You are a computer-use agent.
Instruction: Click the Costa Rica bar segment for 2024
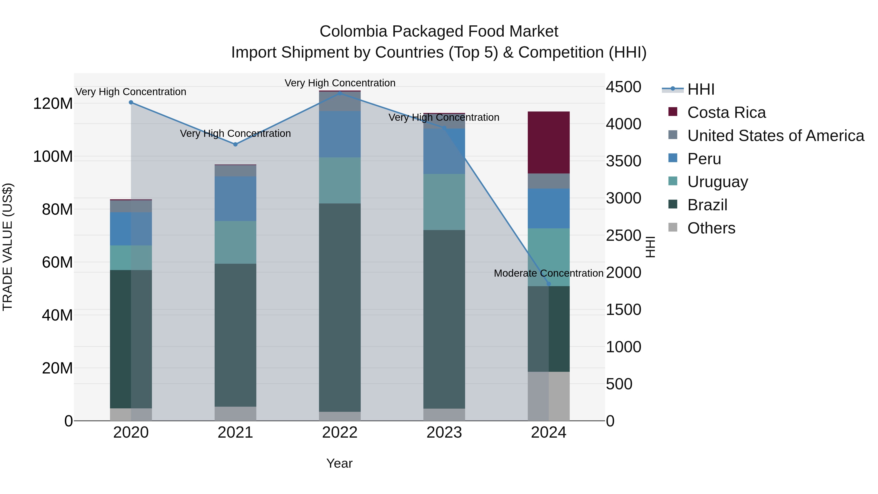point(549,142)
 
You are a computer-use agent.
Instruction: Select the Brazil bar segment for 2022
point(339,307)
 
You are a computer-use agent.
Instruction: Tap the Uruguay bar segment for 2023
point(444,202)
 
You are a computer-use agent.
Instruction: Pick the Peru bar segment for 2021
point(235,198)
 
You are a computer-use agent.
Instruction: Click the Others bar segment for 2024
point(549,396)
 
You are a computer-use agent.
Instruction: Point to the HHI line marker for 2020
point(131,102)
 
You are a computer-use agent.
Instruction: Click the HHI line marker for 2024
point(549,284)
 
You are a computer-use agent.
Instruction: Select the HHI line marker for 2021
point(235,144)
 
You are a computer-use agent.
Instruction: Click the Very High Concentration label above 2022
point(340,83)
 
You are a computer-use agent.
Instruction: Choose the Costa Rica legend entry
point(726,112)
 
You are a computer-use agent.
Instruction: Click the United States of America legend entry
point(775,136)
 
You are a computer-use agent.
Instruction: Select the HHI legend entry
point(700,89)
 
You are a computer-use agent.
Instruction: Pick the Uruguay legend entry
point(718,182)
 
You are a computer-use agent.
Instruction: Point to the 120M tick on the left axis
point(53,103)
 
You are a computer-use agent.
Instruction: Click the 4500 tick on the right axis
point(623,87)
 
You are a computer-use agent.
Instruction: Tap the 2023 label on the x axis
point(444,433)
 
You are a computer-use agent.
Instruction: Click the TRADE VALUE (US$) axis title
point(8,247)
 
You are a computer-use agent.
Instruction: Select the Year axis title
point(339,463)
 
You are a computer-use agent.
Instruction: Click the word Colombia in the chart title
point(353,31)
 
